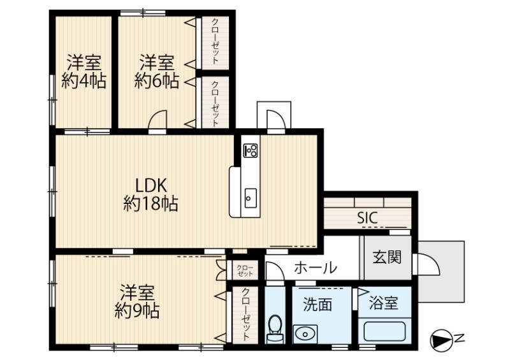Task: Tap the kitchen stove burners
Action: tap(251, 151)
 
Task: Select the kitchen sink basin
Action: tap(251, 198)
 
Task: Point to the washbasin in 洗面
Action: tap(305, 334)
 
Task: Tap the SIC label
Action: tap(367, 217)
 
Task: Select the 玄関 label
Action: tap(387, 257)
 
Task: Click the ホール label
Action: tap(315, 268)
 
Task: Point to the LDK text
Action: tap(151, 185)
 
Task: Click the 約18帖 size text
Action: tap(150, 205)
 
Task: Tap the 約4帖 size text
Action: tap(84, 82)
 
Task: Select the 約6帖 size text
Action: tap(157, 82)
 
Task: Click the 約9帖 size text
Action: tap(137, 311)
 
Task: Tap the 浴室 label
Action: tap(383, 303)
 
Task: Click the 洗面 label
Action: tap(317, 305)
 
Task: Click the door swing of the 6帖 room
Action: tap(157, 120)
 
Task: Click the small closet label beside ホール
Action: tap(245, 271)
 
